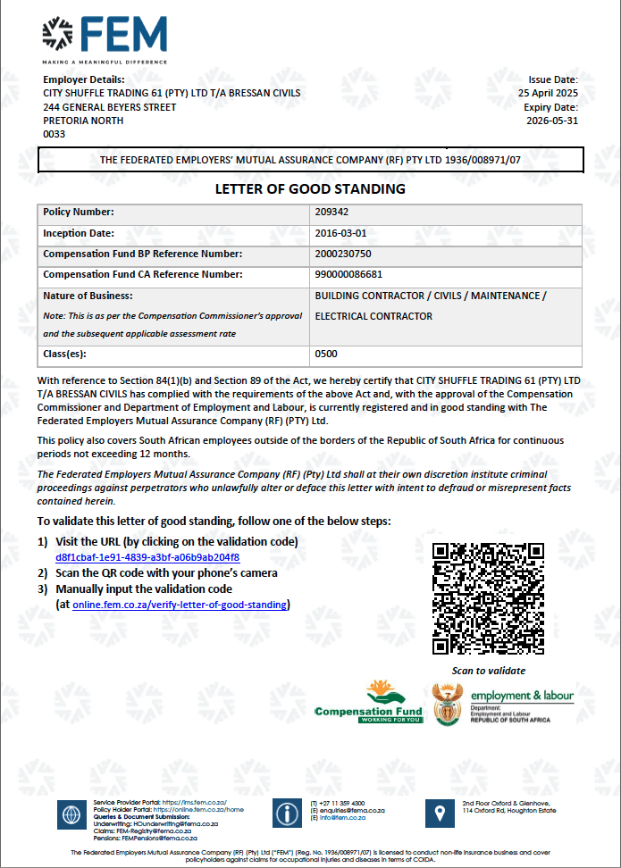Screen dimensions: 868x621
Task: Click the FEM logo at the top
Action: click(x=104, y=38)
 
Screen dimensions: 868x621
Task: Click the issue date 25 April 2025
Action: click(x=549, y=93)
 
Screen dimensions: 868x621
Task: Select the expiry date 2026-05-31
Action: click(x=552, y=120)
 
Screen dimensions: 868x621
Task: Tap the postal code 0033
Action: click(x=55, y=134)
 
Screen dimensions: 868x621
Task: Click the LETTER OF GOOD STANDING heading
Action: click(x=310, y=188)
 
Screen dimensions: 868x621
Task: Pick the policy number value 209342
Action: click(x=331, y=213)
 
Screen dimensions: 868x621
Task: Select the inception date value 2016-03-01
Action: click(x=340, y=233)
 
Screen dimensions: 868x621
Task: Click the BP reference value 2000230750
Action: click(x=343, y=254)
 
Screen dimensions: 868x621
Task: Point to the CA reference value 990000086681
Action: click(x=348, y=274)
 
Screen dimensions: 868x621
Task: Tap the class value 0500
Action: click(x=326, y=354)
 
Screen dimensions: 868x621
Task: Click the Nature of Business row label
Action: click(x=88, y=296)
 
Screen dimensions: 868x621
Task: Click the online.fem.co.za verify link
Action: click(x=180, y=605)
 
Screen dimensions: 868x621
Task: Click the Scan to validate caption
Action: click(x=489, y=671)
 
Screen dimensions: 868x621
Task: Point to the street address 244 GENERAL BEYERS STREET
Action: click(x=110, y=107)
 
